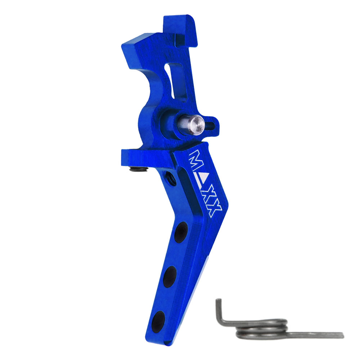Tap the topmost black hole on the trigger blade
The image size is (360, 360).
pyautogui.click(x=181, y=232)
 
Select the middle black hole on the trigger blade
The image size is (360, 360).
pyautogui.click(x=170, y=276)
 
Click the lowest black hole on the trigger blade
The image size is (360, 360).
pyautogui.click(x=158, y=322)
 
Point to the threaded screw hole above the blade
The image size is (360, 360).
pyautogui.click(x=171, y=178)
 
